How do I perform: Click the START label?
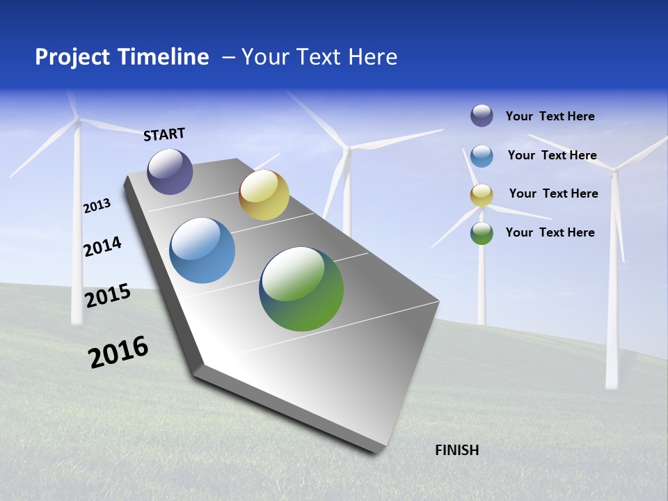coord(164,134)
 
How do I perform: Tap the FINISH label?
coord(456,450)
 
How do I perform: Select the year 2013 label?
coord(97,205)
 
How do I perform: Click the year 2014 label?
coord(102,246)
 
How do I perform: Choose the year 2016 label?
coord(118,351)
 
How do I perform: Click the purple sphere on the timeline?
coord(170,171)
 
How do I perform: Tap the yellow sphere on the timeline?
coord(264,195)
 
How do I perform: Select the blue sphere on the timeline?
coord(202,250)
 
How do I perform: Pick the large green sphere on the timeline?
coord(301,289)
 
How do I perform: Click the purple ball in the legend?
coord(482,116)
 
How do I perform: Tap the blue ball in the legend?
coord(482,155)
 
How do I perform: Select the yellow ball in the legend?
coord(482,195)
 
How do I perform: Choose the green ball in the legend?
coord(482,233)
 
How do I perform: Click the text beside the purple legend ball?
coord(550,116)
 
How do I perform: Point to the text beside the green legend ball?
coord(550,232)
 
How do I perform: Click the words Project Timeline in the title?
coord(122,57)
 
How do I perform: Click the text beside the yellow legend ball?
coord(553,193)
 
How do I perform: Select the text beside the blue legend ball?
coord(552,155)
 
